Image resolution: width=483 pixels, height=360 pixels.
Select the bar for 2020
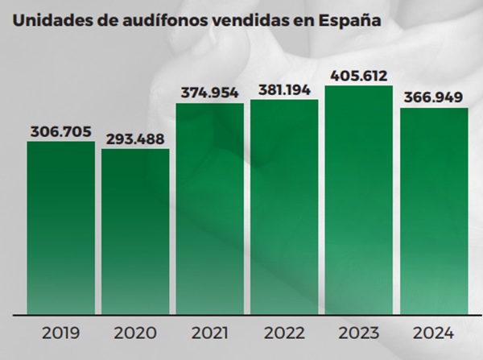(135, 234)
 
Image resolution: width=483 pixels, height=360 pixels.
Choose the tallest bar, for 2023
(359, 200)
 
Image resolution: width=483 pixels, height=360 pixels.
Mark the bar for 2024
(434, 211)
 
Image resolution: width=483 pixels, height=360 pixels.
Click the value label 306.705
(61, 131)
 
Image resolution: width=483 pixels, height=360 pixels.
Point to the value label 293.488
(135, 139)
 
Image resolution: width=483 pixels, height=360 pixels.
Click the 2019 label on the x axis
(61, 333)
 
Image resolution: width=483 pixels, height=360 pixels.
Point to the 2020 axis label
(135, 333)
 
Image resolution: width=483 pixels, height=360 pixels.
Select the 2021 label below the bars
(210, 333)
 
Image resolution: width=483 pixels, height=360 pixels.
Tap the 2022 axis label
(284, 333)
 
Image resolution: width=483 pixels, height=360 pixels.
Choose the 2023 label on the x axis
(359, 333)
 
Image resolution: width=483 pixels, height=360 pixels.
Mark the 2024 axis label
(434, 333)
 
